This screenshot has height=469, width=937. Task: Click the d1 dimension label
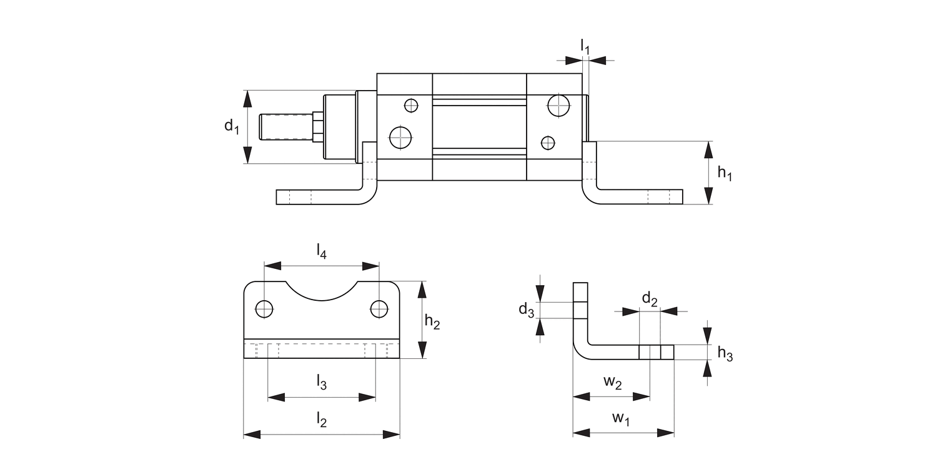coord(232,126)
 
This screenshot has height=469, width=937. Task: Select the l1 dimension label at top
coord(585,46)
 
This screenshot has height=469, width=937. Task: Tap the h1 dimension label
coord(724,173)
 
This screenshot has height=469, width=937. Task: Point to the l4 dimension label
coord(321,251)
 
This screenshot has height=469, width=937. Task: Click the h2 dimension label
coord(432,322)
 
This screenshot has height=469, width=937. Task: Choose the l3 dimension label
coord(321,381)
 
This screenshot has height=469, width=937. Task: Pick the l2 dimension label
coord(321,419)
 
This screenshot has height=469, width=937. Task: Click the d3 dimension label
coord(527,310)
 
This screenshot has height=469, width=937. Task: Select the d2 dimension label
coord(650,300)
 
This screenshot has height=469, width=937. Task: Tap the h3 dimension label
coord(725,354)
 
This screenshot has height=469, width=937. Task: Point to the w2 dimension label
coord(612,382)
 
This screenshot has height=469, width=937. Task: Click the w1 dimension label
coord(620,419)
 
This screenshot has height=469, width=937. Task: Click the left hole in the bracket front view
coord(264,309)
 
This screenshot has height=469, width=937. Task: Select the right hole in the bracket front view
coord(379,309)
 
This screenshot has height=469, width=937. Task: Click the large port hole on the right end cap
coord(558,105)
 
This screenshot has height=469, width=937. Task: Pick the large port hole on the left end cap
coord(400,137)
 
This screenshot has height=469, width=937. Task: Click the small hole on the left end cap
coord(410,105)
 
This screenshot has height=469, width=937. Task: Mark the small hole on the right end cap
coord(548,143)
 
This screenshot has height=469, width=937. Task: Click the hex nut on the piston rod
coord(317,127)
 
